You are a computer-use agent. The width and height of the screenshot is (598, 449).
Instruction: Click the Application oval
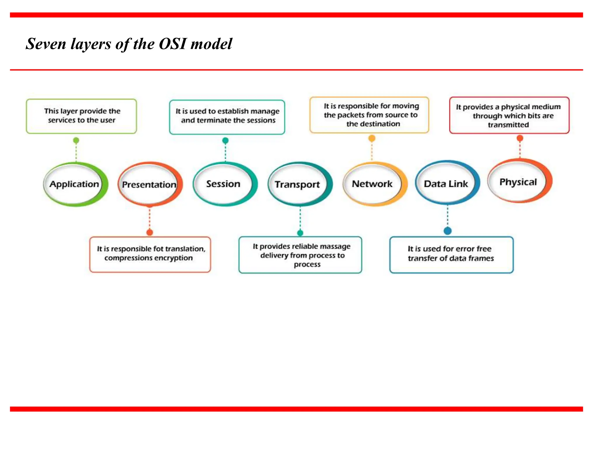point(74,184)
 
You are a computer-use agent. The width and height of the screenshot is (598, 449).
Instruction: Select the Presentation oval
point(149,184)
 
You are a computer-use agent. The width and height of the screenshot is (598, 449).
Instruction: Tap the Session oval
point(224,184)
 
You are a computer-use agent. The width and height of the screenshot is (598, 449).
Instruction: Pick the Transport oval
point(298,184)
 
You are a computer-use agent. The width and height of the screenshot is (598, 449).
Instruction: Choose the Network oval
point(373,184)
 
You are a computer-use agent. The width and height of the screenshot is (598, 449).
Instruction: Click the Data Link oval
point(446,184)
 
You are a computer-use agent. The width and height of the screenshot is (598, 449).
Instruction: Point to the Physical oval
point(518,182)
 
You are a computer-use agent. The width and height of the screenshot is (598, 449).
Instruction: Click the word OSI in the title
point(173,44)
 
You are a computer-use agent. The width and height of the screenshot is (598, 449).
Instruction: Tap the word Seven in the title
point(46,44)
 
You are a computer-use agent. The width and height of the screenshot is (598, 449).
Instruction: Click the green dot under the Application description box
point(76,141)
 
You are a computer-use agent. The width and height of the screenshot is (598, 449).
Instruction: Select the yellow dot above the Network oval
point(372,138)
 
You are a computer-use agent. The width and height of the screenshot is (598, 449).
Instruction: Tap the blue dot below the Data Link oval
point(448,231)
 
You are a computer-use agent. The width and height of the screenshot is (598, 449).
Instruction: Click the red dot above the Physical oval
point(520,138)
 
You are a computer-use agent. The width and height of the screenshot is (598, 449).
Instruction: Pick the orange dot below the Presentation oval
point(149,232)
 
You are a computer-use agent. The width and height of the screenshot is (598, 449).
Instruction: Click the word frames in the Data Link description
point(481,258)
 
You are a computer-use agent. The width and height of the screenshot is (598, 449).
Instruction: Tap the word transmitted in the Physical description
point(508,125)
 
